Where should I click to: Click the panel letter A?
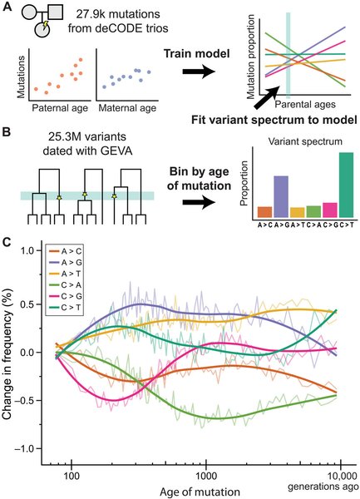(x=7, y=7)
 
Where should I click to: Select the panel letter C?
(x=7, y=244)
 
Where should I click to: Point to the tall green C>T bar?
(x=347, y=185)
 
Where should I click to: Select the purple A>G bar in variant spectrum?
(x=281, y=196)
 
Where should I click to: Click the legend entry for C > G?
(x=66, y=296)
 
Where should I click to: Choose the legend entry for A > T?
(x=66, y=274)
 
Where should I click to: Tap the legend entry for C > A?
(x=66, y=284)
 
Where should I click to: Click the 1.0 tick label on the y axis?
(x=30, y=251)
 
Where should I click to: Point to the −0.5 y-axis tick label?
(x=27, y=400)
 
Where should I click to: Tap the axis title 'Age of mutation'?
(x=200, y=492)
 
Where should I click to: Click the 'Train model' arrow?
(x=199, y=72)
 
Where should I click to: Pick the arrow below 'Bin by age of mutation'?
(x=199, y=202)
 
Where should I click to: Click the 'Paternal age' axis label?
(x=60, y=108)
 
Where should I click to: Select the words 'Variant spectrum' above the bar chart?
(x=305, y=141)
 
